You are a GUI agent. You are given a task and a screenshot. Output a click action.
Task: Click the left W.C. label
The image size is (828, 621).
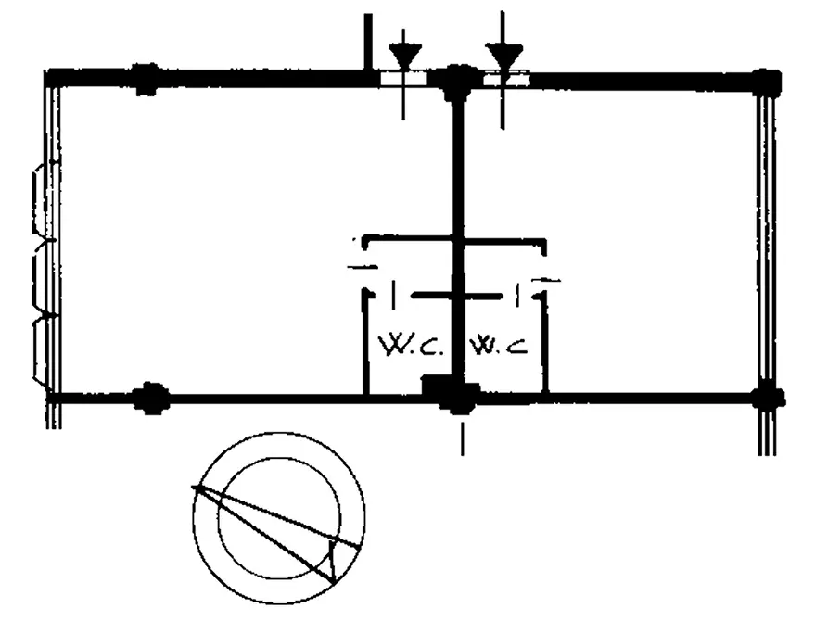tap(411, 346)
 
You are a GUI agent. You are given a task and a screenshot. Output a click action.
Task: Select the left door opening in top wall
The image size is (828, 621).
tap(403, 79)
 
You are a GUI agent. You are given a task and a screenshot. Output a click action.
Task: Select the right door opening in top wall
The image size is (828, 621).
tap(506, 79)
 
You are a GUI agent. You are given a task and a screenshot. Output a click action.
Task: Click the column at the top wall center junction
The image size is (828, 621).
tap(457, 82)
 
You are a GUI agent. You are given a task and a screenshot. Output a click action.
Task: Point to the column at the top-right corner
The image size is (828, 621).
tap(765, 82)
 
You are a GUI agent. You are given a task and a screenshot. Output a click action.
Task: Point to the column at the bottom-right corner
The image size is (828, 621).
tap(769, 398)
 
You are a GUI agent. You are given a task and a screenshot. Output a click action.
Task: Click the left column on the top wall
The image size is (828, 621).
tap(146, 79)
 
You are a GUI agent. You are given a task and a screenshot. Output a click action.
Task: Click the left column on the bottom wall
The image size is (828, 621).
tap(150, 398)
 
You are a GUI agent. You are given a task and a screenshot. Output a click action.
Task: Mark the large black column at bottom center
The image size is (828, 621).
tap(451, 393)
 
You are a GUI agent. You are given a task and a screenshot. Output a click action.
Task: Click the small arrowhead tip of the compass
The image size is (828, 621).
tap(334, 582)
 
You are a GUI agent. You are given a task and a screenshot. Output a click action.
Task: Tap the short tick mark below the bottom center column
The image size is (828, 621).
tap(463, 438)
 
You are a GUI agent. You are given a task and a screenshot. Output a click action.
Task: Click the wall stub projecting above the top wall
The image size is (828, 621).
tap(368, 42)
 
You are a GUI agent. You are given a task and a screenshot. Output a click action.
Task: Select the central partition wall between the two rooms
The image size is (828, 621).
tap(458, 237)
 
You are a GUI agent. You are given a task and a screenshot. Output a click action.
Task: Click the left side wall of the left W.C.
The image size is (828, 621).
tap(365, 342)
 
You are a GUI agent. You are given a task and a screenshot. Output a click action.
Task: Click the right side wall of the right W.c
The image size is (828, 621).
tap(545, 344)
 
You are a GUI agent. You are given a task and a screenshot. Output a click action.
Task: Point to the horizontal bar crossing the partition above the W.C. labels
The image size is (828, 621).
tap(457, 297)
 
